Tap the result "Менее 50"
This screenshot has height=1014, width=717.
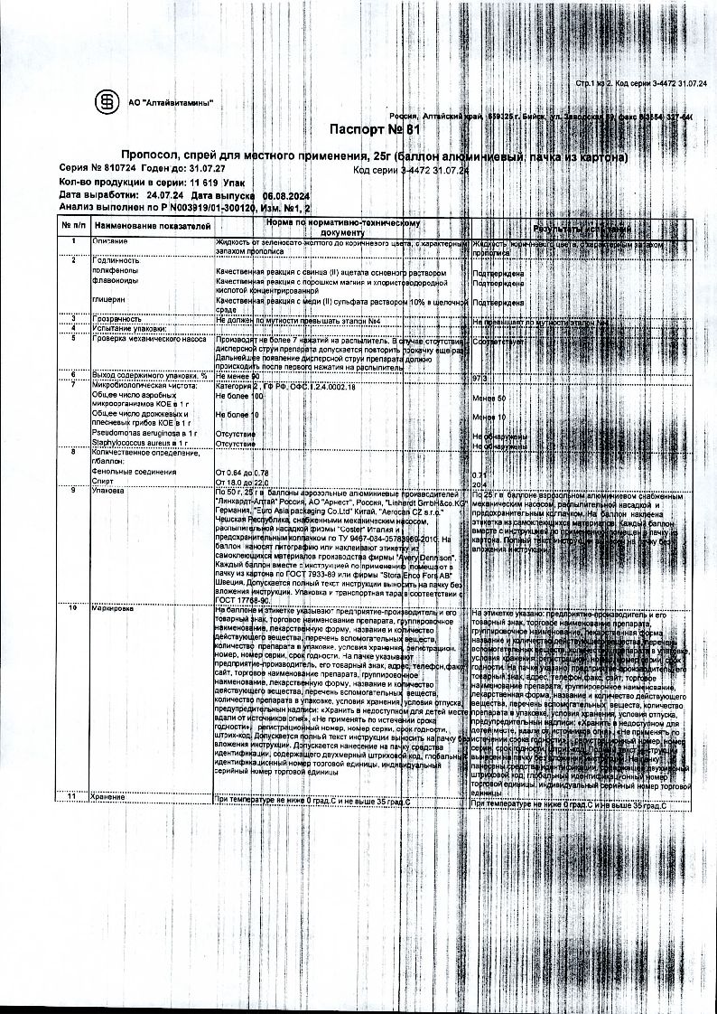click(489, 399)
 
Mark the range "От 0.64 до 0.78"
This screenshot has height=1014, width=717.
click(243, 474)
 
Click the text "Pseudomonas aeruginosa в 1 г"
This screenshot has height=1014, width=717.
click(144, 435)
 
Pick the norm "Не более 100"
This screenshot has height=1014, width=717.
click(239, 397)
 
